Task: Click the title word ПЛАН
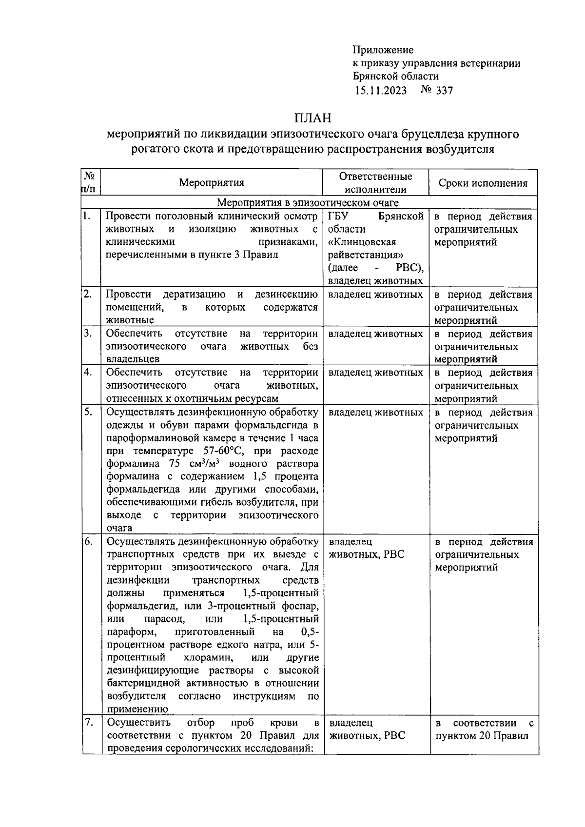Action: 312,118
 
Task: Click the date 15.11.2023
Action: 380,90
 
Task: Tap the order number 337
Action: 444,90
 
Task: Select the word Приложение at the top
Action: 383,50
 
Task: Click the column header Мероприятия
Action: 212,183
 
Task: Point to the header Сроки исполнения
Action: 483,183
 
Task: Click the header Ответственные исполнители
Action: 375,183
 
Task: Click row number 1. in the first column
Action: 86,216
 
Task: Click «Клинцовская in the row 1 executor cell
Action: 362,242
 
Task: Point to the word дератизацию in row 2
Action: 194,295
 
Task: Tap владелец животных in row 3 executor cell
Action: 375,334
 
